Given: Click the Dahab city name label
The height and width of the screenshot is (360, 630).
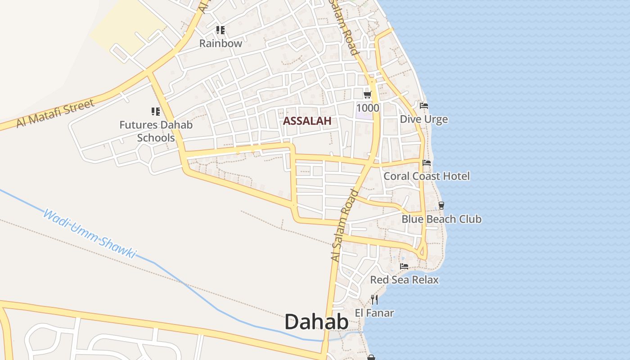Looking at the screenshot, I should (316, 322).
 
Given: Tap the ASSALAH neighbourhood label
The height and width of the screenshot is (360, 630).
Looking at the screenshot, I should (307, 121).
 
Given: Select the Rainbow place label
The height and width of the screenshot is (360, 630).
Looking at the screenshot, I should (220, 43).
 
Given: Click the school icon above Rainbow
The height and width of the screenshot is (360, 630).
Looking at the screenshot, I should (220, 30).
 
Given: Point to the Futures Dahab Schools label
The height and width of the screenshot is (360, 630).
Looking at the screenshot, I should (156, 131).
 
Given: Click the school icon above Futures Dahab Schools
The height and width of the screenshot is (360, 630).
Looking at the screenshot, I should (155, 111).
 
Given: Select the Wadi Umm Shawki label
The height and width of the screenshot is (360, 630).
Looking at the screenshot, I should (89, 233).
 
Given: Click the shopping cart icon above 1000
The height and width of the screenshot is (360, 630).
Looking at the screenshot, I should (368, 94).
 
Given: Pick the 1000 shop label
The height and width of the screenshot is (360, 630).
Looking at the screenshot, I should (368, 108).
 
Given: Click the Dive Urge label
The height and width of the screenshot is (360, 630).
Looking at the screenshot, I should (424, 119).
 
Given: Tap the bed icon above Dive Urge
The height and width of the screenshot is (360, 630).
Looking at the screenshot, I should (424, 106).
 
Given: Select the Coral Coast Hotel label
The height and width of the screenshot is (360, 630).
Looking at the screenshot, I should (427, 176).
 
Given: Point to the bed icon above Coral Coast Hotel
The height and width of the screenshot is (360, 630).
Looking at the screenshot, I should (427, 162).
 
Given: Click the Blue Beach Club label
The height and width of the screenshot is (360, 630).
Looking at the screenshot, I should (441, 219).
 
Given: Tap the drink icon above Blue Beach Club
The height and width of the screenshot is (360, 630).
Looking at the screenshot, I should (441, 206).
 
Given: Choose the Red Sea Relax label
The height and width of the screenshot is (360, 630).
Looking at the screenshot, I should (404, 279).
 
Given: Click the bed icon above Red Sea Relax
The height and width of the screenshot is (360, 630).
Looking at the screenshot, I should (404, 266).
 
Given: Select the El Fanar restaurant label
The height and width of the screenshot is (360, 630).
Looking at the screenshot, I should (374, 313).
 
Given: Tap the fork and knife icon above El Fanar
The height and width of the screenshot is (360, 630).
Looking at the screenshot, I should (374, 299).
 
